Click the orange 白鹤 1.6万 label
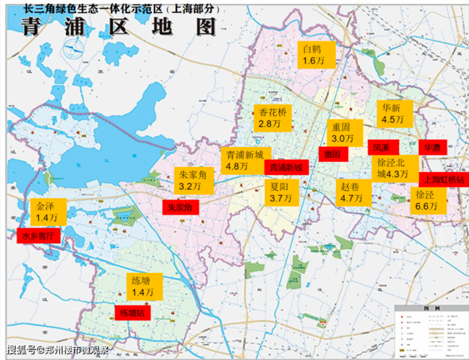click(317, 55)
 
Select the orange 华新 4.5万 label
click(394, 114)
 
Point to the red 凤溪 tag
click(381, 147)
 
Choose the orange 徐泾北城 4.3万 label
click(393, 168)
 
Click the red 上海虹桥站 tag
click(443, 179)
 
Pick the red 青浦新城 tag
click(286, 167)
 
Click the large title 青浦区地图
click(119, 27)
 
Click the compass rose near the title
click(70, 50)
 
